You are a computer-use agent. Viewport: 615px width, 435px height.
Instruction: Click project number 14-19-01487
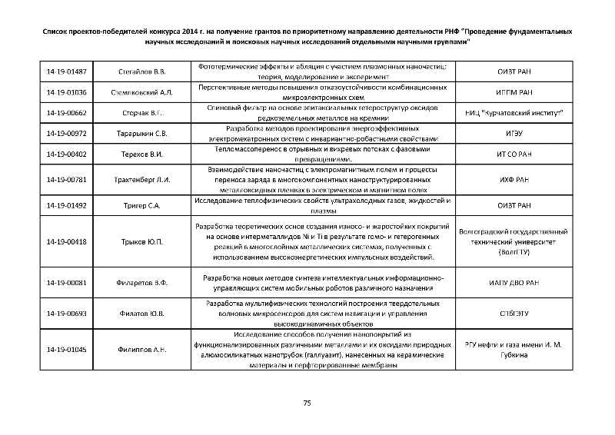67,71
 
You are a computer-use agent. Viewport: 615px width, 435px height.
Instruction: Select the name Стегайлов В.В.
144,71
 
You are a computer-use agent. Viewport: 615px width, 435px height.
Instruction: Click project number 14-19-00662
67,113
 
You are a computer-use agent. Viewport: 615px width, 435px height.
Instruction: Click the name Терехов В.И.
144,154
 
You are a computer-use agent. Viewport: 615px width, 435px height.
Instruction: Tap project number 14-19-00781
67,180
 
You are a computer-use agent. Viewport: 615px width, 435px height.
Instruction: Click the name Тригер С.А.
144,206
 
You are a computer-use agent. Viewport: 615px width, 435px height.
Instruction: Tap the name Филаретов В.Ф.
144,283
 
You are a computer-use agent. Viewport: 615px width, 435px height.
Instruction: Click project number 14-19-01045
67,350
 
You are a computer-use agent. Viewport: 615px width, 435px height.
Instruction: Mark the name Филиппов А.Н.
144,350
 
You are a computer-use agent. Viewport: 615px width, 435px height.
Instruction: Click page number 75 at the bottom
307,403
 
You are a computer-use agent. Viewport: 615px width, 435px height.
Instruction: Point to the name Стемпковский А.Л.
144,92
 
